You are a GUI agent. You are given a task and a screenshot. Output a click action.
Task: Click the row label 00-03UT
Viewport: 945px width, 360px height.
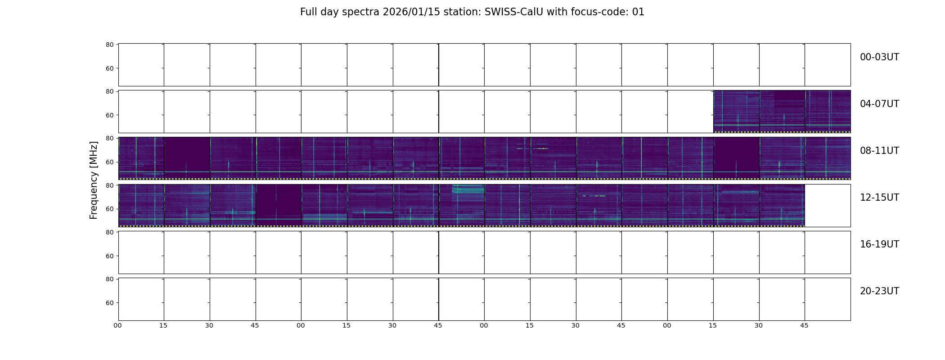point(879,57)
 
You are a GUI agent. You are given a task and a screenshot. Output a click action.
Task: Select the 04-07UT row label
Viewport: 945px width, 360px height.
point(879,104)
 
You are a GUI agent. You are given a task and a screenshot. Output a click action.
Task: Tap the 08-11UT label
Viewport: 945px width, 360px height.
point(879,151)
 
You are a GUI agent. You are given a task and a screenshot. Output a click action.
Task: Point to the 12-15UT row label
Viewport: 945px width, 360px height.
point(879,198)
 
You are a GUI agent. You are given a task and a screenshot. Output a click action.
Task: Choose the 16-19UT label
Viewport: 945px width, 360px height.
point(879,244)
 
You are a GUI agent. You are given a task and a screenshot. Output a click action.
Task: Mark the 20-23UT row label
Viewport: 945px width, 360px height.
point(879,291)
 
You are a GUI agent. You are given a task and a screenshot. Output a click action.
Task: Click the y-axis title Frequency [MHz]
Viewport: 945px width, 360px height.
point(94,180)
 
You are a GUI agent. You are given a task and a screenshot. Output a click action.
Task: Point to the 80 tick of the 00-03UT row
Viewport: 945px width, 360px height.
point(110,45)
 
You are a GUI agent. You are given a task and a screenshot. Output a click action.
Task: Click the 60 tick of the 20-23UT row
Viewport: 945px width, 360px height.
point(110,303)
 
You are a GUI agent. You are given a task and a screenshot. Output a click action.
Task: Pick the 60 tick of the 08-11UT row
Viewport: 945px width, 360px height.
point(110,162)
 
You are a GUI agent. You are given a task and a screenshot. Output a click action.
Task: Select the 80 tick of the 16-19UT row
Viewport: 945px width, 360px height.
point(110,232)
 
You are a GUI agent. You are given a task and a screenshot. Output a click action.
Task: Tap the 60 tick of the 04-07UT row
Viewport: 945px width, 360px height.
point(110,115)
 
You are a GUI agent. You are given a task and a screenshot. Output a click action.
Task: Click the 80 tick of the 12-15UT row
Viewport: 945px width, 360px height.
point(110,185)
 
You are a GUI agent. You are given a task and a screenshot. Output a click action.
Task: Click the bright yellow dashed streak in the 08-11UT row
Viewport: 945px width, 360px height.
point(533,148)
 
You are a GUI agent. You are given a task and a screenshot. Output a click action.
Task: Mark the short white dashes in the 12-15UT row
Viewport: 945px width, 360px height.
point(594,196)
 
